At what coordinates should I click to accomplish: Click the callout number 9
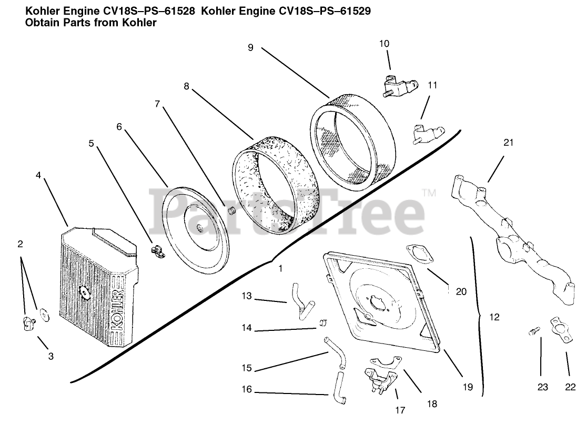click(250, 47)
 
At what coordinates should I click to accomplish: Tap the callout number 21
click(508, 143)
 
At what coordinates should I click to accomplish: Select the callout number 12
click(494, 317)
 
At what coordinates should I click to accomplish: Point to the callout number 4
click(38, 175)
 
